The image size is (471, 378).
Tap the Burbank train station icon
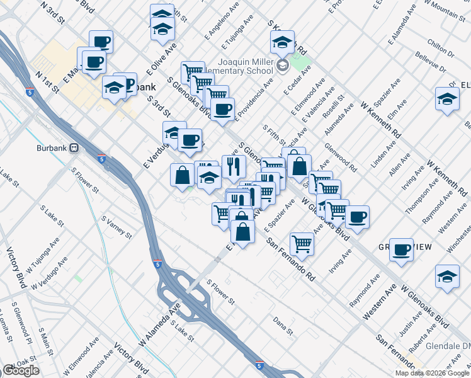coord(74,147)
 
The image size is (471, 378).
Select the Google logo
coord(20,370)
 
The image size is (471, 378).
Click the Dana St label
coord(283,325)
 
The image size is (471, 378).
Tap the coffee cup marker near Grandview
coord(401,250)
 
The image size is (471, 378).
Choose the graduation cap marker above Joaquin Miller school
coord(282,43)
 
